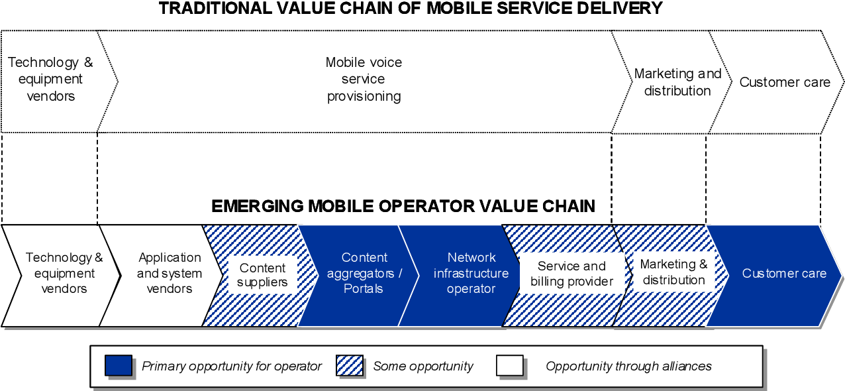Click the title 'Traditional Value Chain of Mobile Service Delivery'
pos(411,9)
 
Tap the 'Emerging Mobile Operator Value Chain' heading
pos(403,206)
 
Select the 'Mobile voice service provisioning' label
pos(364,80)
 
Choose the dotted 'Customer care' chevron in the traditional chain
pos(785,82)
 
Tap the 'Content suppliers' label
pos(262,275)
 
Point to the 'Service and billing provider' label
pos(572,274)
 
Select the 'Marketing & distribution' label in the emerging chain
pos(673,272)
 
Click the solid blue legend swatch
pos(119,365)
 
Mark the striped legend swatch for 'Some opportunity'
pos(350,365)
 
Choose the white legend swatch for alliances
pos(510,365)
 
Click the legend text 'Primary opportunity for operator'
pos(232,366)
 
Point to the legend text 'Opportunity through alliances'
pos(628,366)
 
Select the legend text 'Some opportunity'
pos(423,366)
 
